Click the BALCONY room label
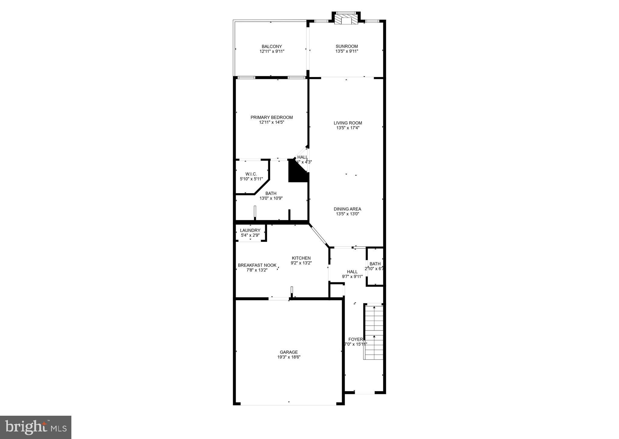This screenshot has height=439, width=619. (x=272, y=47)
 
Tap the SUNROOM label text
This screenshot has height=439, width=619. (x=347, y=47)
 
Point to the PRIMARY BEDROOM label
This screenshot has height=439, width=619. (x=272, y=118)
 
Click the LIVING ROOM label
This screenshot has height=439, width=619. (x=348, y=123)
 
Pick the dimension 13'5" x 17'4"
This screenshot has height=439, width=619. (x=348, y=128)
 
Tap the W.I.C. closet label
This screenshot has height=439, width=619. (x=251, y=174)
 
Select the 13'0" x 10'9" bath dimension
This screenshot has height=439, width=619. (x=271, y=198)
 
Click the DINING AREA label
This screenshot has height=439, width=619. (x=347, y=209)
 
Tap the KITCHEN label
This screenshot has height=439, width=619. (x=301, y=258)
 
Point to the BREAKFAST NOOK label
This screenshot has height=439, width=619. (x=257, y=265)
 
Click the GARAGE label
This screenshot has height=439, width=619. (x=289, y=352)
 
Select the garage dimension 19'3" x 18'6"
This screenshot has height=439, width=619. (x=289, y=357)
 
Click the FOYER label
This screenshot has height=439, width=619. (x=355, y=340)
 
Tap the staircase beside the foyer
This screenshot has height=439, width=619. (x=374, y=332)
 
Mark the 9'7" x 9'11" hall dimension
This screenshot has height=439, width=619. (x=352, y=276)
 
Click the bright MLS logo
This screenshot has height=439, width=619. (x=36, y=427)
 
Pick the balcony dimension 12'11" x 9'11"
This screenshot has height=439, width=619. (x=272, y=51)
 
